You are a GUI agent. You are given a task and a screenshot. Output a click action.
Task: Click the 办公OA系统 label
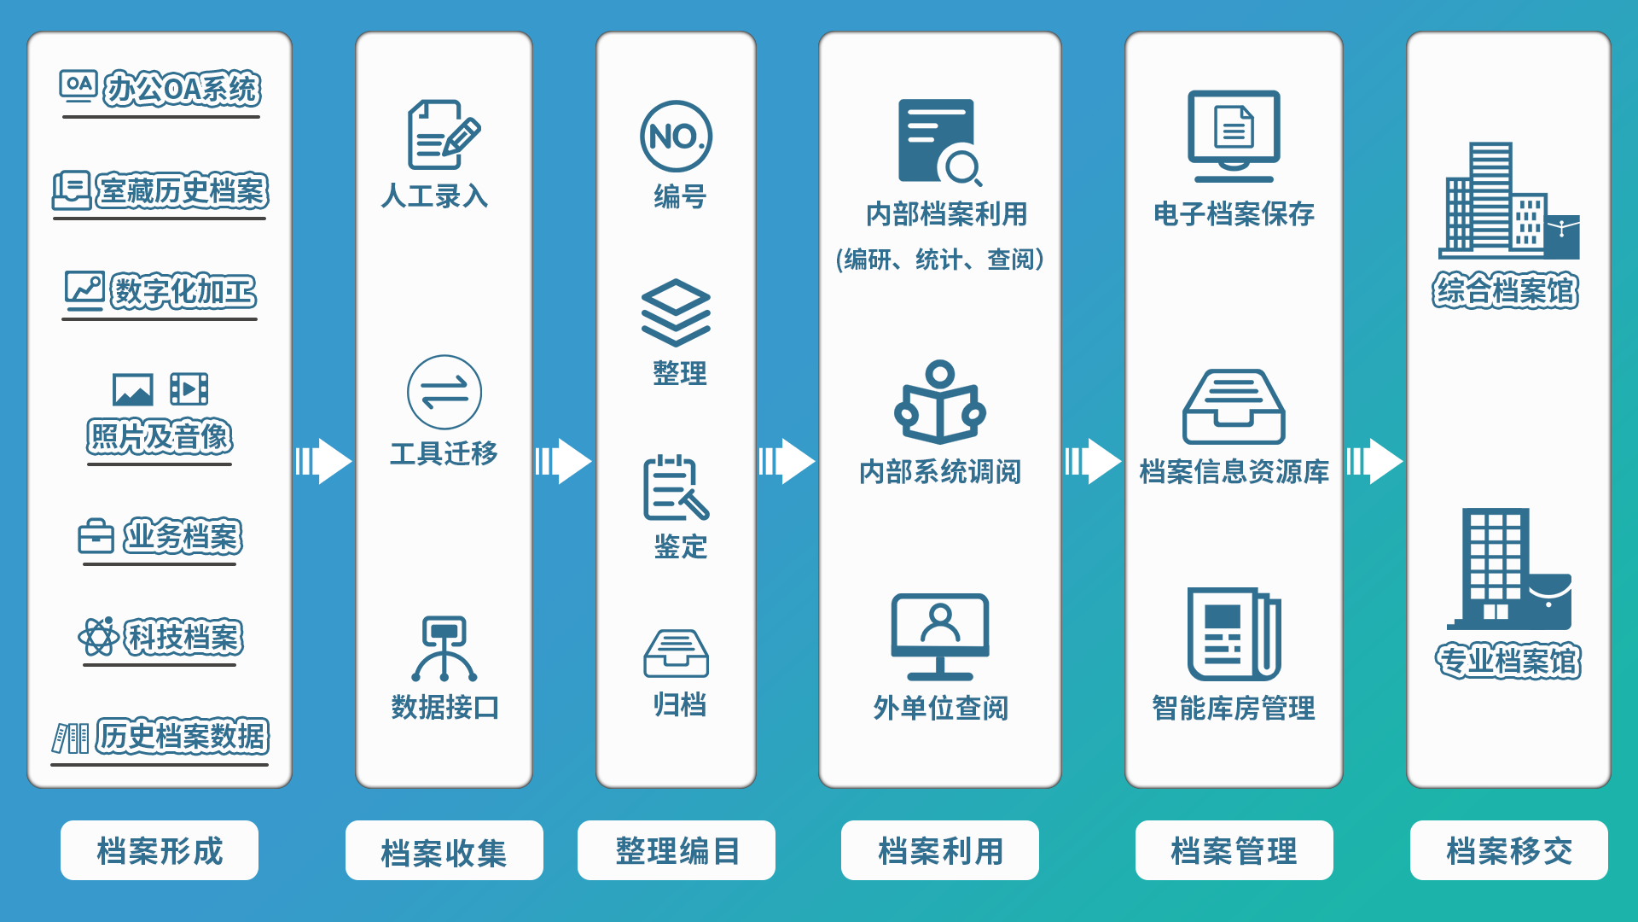(181, 89)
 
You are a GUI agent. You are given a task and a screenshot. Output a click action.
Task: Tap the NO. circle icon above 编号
(677, 137)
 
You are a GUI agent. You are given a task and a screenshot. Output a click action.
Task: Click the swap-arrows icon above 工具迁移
(444, 393)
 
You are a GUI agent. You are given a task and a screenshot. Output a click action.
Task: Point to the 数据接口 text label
(444, 708)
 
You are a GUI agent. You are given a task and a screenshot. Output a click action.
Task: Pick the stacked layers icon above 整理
(676, 312)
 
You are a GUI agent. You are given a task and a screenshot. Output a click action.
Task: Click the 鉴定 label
(680, 546)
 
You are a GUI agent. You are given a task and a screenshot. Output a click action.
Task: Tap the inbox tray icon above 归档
(676, 653)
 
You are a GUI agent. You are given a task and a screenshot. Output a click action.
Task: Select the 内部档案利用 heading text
(946, 214)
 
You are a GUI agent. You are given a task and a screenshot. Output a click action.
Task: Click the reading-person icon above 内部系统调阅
(940, 403)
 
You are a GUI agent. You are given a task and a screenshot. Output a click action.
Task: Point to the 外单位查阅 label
(940, 708)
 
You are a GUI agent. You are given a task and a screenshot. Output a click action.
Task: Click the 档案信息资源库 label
(1234, 471)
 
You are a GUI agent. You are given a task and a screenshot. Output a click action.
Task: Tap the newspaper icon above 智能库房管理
(1234, 633)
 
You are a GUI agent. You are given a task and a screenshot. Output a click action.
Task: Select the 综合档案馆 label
(1506, 291)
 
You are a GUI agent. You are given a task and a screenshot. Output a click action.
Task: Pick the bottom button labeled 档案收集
(444, 851)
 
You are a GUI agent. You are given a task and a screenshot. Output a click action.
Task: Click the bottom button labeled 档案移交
(1508, 851)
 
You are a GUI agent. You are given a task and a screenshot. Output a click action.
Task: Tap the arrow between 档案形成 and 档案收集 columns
(323, 462)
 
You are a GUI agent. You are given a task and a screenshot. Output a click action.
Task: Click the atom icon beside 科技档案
(99, 637)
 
